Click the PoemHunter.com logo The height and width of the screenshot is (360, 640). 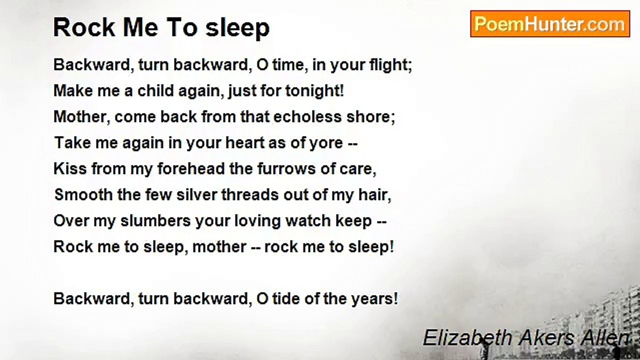pyautogui.click(x=549, y=24)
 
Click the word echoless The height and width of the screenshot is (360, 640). pyautogui.click(x=301, y=116)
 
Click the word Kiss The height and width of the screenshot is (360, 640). pyautogui.click(x=69, y=168)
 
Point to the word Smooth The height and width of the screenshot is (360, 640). pyautogui.click(x=83, y=194)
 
